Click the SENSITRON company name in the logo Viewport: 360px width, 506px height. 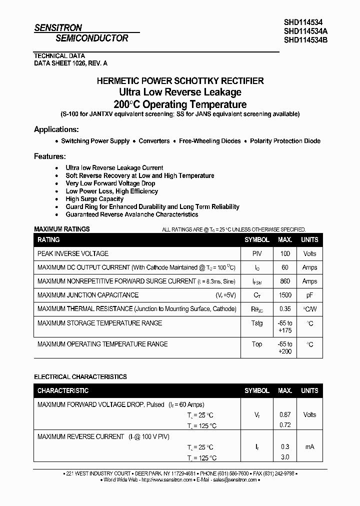[x=58, y=28]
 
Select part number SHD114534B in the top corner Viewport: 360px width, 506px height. [x=305, y=40]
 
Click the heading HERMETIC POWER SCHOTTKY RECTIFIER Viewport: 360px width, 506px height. [x=179, y=81]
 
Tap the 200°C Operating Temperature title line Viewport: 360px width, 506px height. [x=179, y=104]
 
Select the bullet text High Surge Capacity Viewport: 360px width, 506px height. [x=94, y=199]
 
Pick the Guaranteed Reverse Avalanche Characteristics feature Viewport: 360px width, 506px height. [x=132, y=214]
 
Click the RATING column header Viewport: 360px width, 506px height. [x=48, y=240]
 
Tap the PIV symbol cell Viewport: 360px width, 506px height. [x=256, y=253]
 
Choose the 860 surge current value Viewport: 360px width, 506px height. [x=285, y=281]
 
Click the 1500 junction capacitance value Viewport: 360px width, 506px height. [x=285, y=295]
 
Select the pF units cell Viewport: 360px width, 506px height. [x=309, y=295]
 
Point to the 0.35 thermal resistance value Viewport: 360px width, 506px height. [x=285, y=309]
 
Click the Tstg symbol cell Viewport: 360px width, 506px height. [x=256, y=323]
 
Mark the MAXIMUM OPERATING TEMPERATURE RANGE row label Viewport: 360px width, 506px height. [x=102, y=344]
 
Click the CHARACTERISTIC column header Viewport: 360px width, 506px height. [x=63, y=390]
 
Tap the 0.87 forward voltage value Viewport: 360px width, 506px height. [x=285, y=414]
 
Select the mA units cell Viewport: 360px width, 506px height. [x=309, y=446]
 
